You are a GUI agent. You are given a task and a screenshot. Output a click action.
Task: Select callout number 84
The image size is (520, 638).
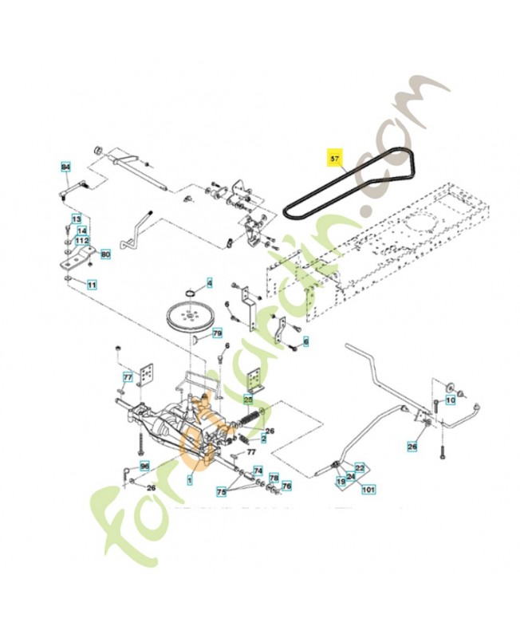66,167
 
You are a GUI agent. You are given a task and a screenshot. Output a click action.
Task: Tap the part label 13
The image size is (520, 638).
77,219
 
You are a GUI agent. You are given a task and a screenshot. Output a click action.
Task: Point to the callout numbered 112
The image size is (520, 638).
81,241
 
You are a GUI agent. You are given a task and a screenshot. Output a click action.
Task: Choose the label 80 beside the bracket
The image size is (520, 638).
105,254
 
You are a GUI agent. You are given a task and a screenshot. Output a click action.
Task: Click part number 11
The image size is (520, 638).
91,284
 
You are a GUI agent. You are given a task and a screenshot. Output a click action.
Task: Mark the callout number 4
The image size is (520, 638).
210,282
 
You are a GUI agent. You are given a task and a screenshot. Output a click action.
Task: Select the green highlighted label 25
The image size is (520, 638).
248,399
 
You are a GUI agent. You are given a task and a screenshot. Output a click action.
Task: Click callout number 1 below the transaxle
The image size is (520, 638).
189,480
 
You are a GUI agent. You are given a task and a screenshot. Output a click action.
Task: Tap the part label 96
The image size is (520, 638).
144,466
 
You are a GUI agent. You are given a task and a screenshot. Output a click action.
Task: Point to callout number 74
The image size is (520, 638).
258,471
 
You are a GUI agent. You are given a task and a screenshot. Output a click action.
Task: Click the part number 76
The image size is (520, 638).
286,485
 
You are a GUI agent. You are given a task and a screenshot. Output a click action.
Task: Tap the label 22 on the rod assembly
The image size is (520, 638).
359,467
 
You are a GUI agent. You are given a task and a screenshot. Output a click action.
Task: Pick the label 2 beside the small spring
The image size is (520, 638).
263,440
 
